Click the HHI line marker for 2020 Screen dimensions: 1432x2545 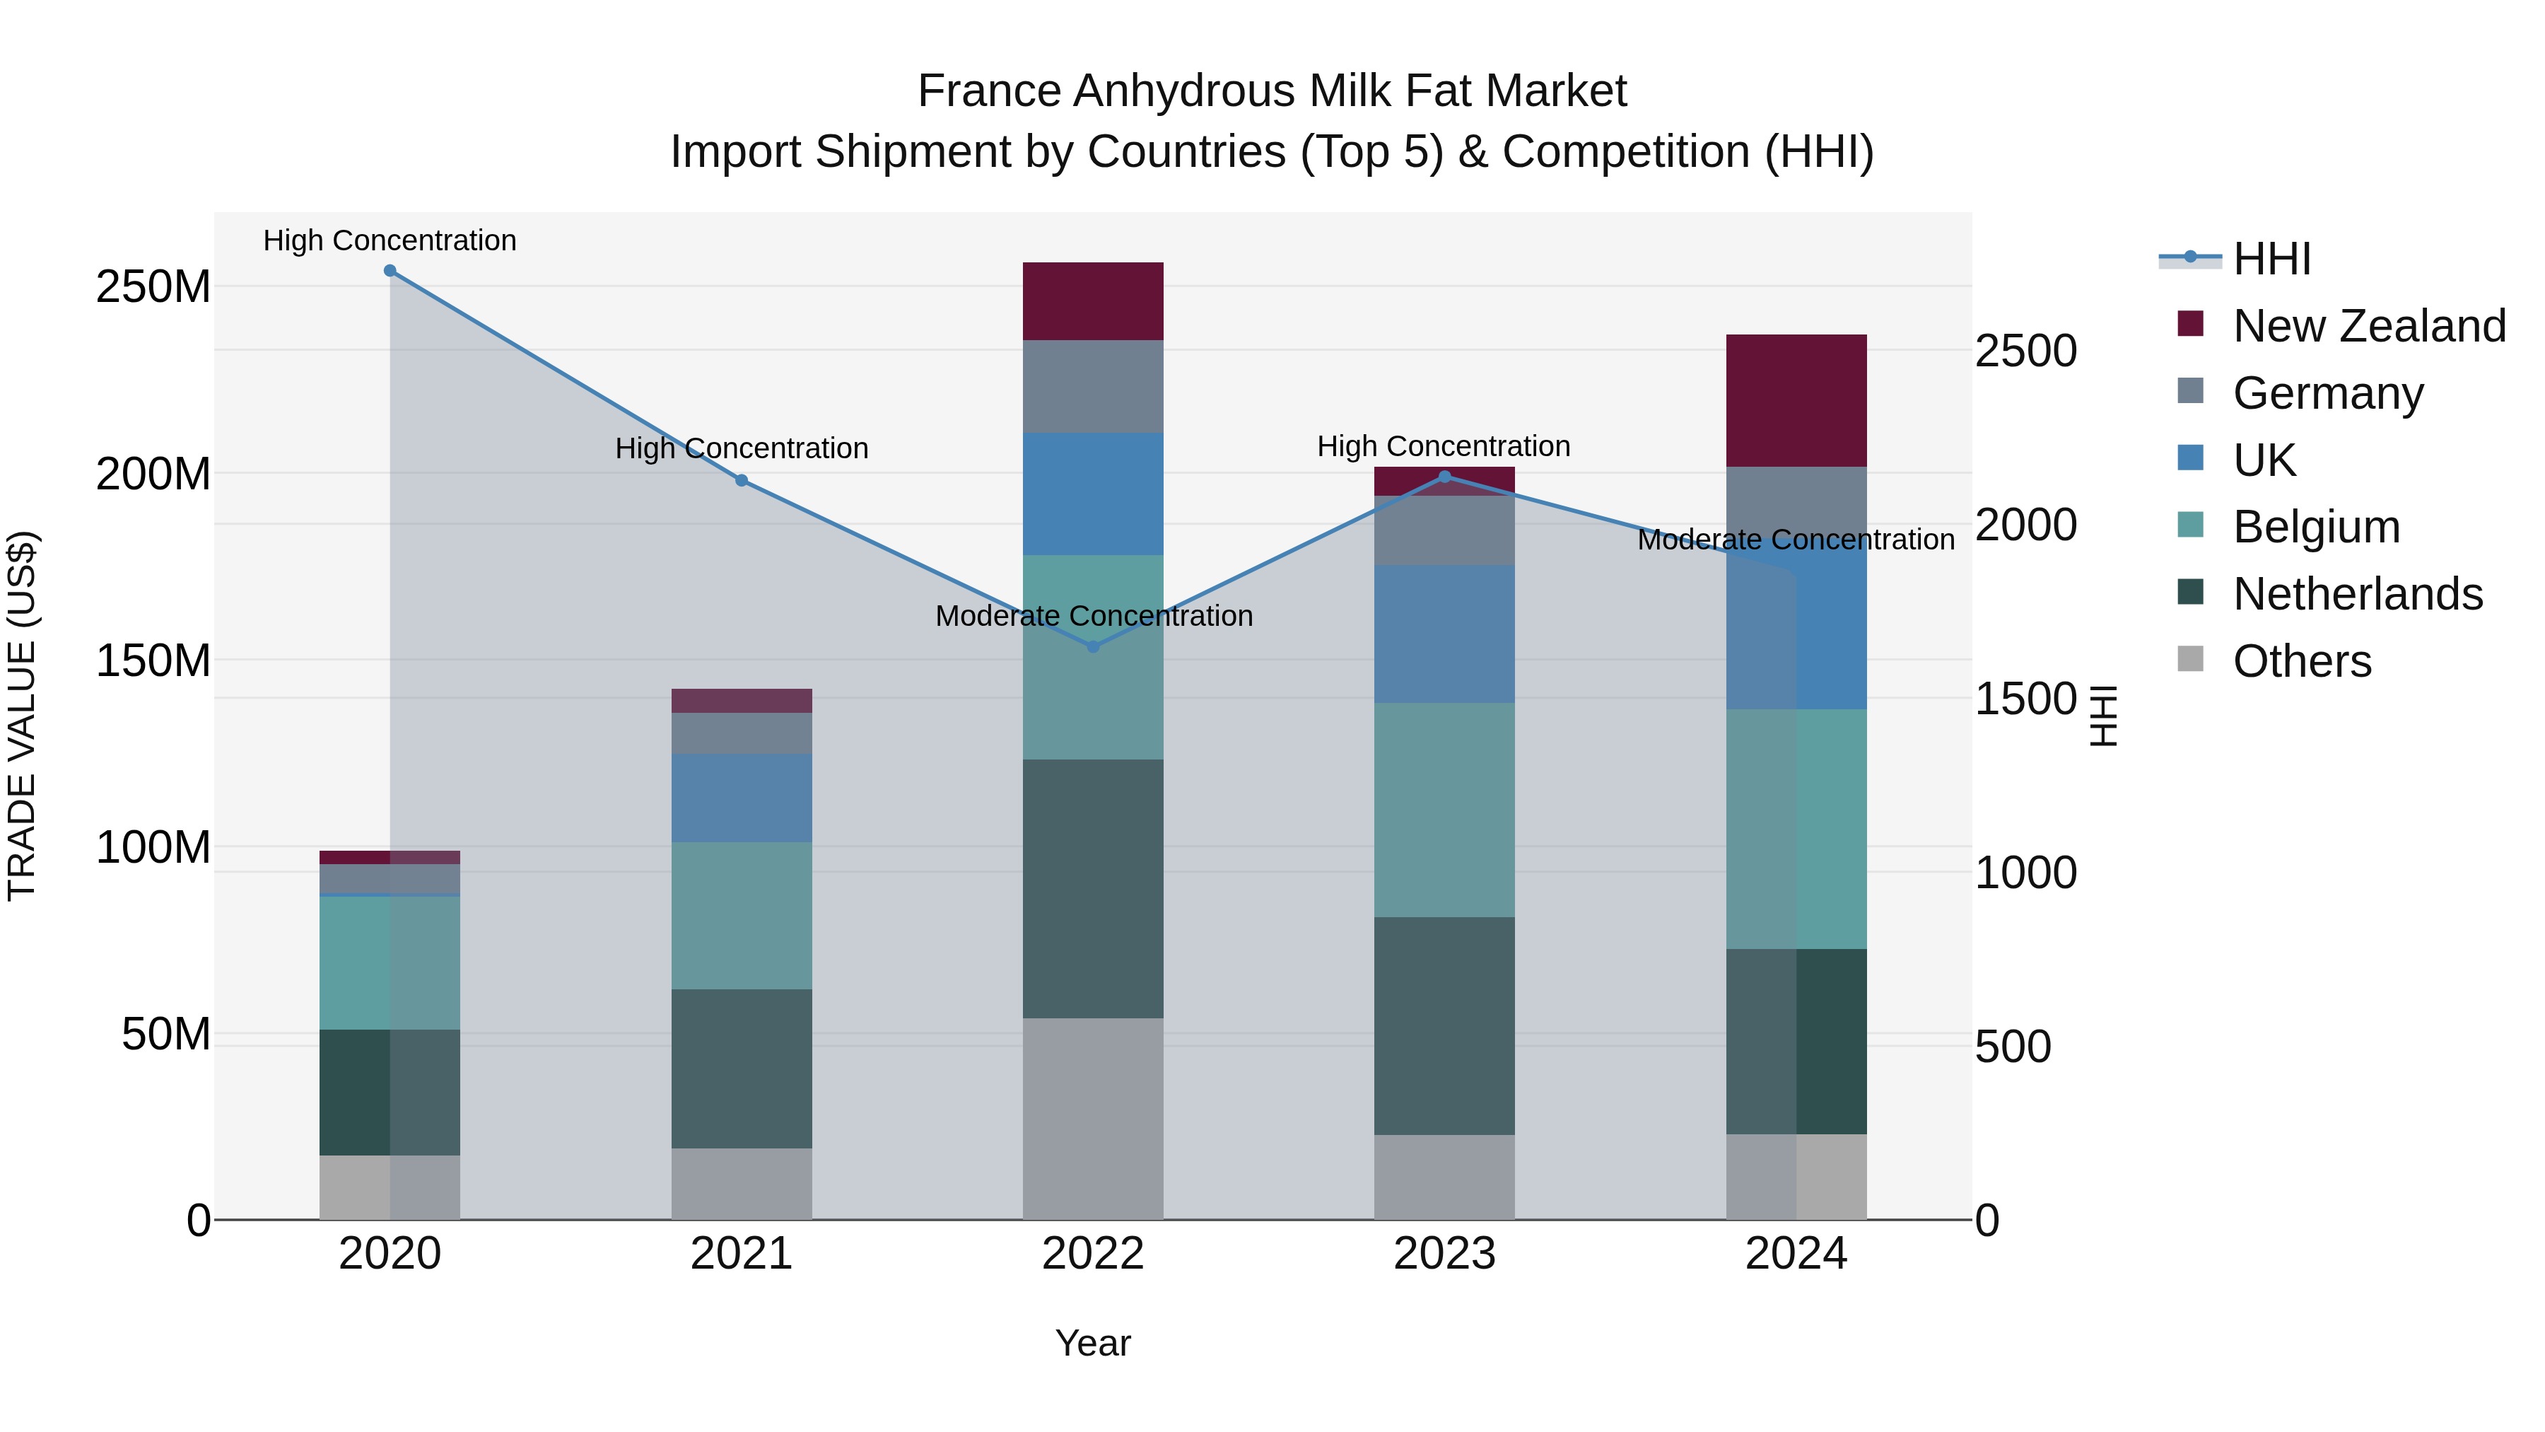(390, 271)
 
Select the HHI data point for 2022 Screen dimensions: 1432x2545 (1093, 647)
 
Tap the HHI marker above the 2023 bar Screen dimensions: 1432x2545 (1444, 477)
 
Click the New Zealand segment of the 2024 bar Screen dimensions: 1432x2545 (1796, 400)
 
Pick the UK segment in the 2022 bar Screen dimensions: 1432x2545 (1093, 494)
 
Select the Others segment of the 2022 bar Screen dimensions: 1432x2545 (1093, 1119)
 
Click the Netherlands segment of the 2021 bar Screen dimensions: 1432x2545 (741, 1069)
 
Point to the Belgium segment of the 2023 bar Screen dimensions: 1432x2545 (1444, 810)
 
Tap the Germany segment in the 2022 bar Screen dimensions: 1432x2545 (1093, 386)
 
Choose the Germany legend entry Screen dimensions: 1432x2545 (2328, 393)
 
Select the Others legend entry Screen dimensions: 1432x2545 (2301, 661)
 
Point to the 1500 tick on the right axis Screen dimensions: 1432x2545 (2025, 699)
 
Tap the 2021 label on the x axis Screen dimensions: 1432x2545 (741, 1254)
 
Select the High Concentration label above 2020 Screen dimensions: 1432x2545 (390, 241)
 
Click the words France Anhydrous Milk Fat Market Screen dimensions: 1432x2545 (1272, 92)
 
